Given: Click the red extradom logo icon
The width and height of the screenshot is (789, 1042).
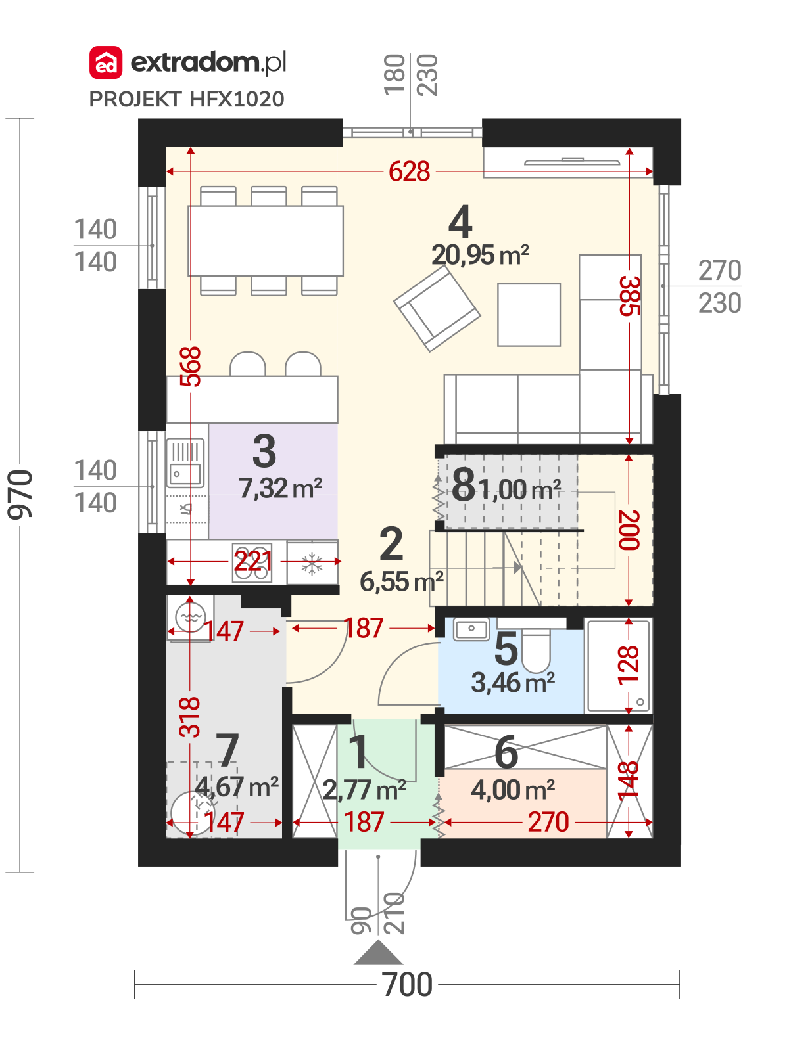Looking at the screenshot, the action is tap(105, 62).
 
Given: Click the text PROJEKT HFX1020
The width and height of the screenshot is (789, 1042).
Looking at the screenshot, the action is tap(187, 99).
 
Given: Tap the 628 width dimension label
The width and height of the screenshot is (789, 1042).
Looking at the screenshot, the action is tap(409, 171).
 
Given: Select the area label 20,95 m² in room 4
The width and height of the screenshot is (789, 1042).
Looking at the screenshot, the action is tap(480, 255).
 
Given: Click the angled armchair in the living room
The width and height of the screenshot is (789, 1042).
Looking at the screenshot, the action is tap(437, 309).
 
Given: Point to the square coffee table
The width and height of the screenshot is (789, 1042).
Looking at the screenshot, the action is tap(529, 315).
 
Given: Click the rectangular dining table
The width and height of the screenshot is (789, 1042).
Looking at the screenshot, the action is tap(265, 240).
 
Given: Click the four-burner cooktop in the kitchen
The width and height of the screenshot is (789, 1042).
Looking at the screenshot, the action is tap(252, 562).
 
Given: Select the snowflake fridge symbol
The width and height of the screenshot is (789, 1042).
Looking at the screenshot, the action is tap(312, 563).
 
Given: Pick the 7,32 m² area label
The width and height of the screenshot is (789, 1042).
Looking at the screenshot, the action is tap(280, 488).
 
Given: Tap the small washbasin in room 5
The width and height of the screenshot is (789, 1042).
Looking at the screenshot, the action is tap(471, 629).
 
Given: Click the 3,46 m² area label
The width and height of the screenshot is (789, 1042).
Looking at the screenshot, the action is tap(513, 683).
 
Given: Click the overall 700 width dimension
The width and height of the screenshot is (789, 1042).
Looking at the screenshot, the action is tap(407, 985).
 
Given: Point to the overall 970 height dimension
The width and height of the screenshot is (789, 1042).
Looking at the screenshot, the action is tap(20, 494).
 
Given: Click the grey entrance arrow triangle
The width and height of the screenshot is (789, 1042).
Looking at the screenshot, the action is tap(378, 952).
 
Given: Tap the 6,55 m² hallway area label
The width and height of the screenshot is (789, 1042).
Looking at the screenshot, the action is tap(401, 581).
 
